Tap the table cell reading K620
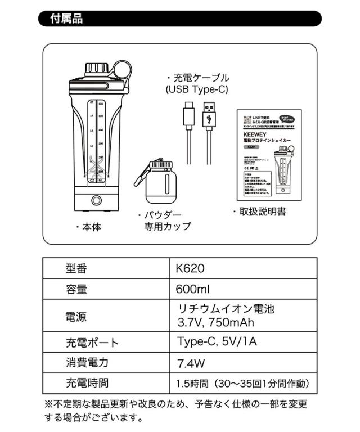click(190, 268)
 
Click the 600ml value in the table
click(193, 290)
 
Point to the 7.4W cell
click(191, 363)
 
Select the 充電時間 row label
click(87, 384)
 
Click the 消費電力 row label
click(87, 363)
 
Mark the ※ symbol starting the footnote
click(49, 404)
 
